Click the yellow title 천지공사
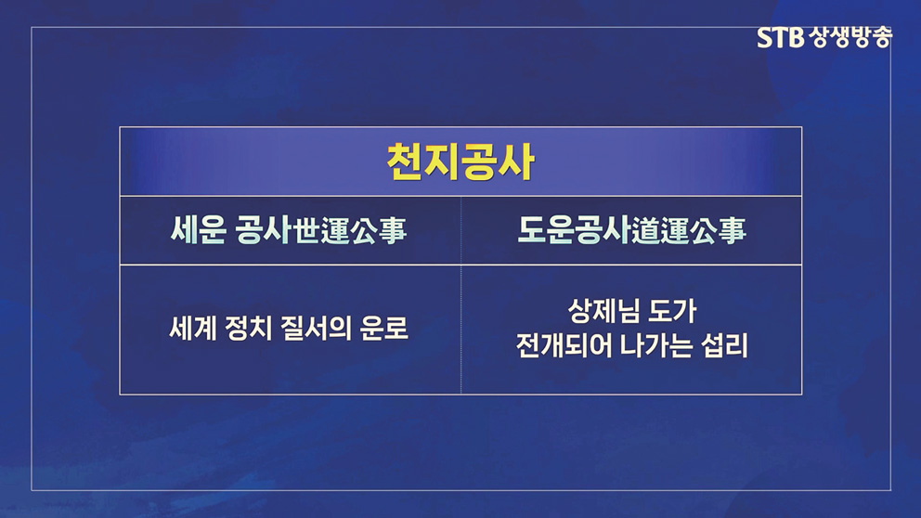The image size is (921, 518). [460, 162]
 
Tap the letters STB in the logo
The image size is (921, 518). [780, 38]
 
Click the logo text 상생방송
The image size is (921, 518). [850, 37]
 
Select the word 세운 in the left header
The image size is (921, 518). [198, 229]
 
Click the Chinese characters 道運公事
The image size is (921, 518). [689, 230]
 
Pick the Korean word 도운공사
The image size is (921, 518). [575, 230]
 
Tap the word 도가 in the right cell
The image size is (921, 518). [672, 311]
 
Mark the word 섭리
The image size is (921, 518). [725, 345]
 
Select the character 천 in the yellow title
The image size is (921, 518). [405, 162]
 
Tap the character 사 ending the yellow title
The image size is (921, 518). [516, 162]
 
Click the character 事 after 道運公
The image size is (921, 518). [733, 230]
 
